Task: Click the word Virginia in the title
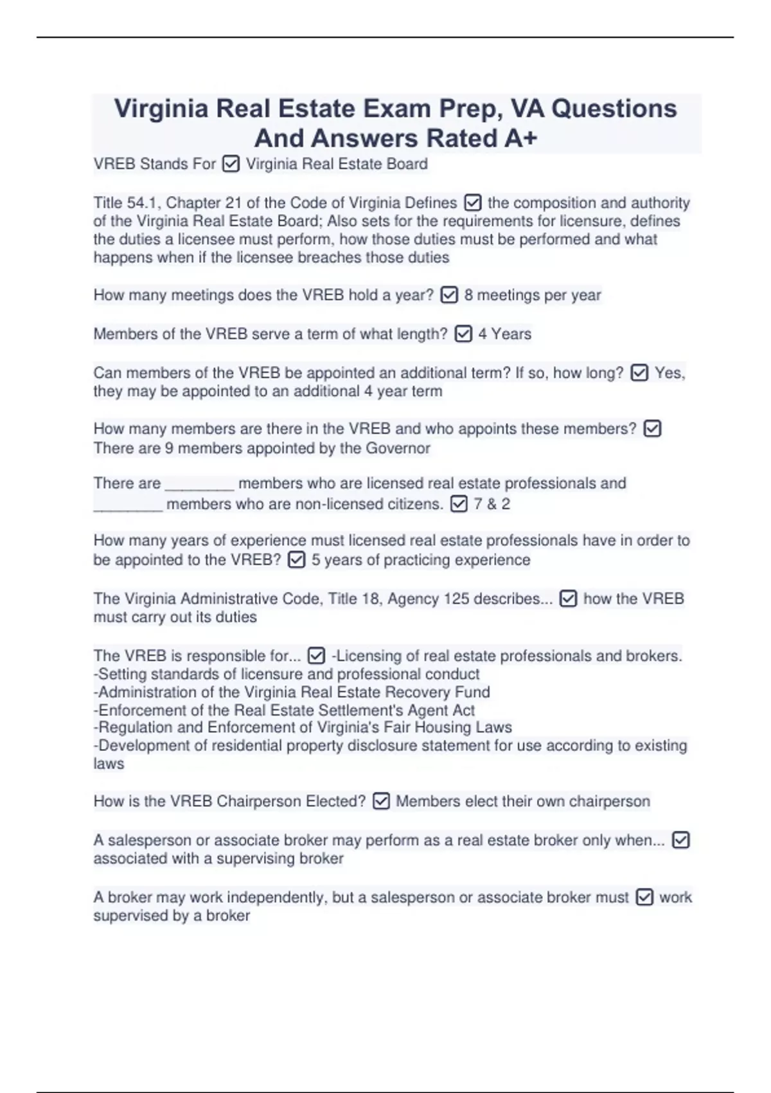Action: point(161,109)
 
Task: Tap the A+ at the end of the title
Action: point(520,138)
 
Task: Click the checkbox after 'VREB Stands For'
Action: point(231,165)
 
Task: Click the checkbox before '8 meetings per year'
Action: point(449,295)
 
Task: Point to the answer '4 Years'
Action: point(504,334)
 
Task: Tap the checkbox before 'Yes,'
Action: point(639,373)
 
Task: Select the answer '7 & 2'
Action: point(492,504)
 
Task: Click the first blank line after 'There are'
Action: point(199,485)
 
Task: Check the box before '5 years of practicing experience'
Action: point(296,560)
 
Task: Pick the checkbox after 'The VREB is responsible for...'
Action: point(316,656)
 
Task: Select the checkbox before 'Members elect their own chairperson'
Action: point(381,802)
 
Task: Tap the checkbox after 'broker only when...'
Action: point(680,840)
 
